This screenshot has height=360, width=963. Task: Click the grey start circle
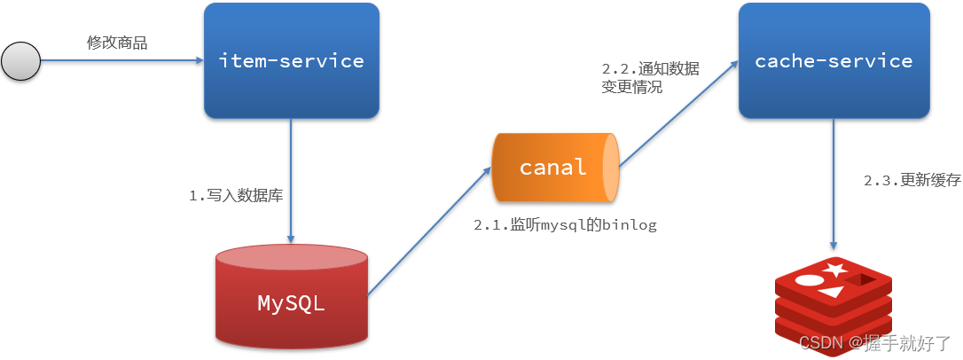21,61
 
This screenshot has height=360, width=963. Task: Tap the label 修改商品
117,43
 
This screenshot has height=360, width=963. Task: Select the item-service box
292,61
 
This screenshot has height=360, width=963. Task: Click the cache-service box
834,61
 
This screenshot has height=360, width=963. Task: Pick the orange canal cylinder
555,167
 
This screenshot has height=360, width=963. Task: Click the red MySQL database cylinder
292,297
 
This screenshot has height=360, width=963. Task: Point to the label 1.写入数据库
236,196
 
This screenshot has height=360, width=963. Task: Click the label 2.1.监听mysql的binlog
565,225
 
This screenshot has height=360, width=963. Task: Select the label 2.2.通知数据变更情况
650,77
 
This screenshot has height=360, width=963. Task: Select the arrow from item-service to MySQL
292,181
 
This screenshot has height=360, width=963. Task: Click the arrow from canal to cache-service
678,113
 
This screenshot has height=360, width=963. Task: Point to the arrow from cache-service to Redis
834,185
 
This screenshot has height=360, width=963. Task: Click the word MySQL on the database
291,303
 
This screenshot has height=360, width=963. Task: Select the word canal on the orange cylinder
553,167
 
